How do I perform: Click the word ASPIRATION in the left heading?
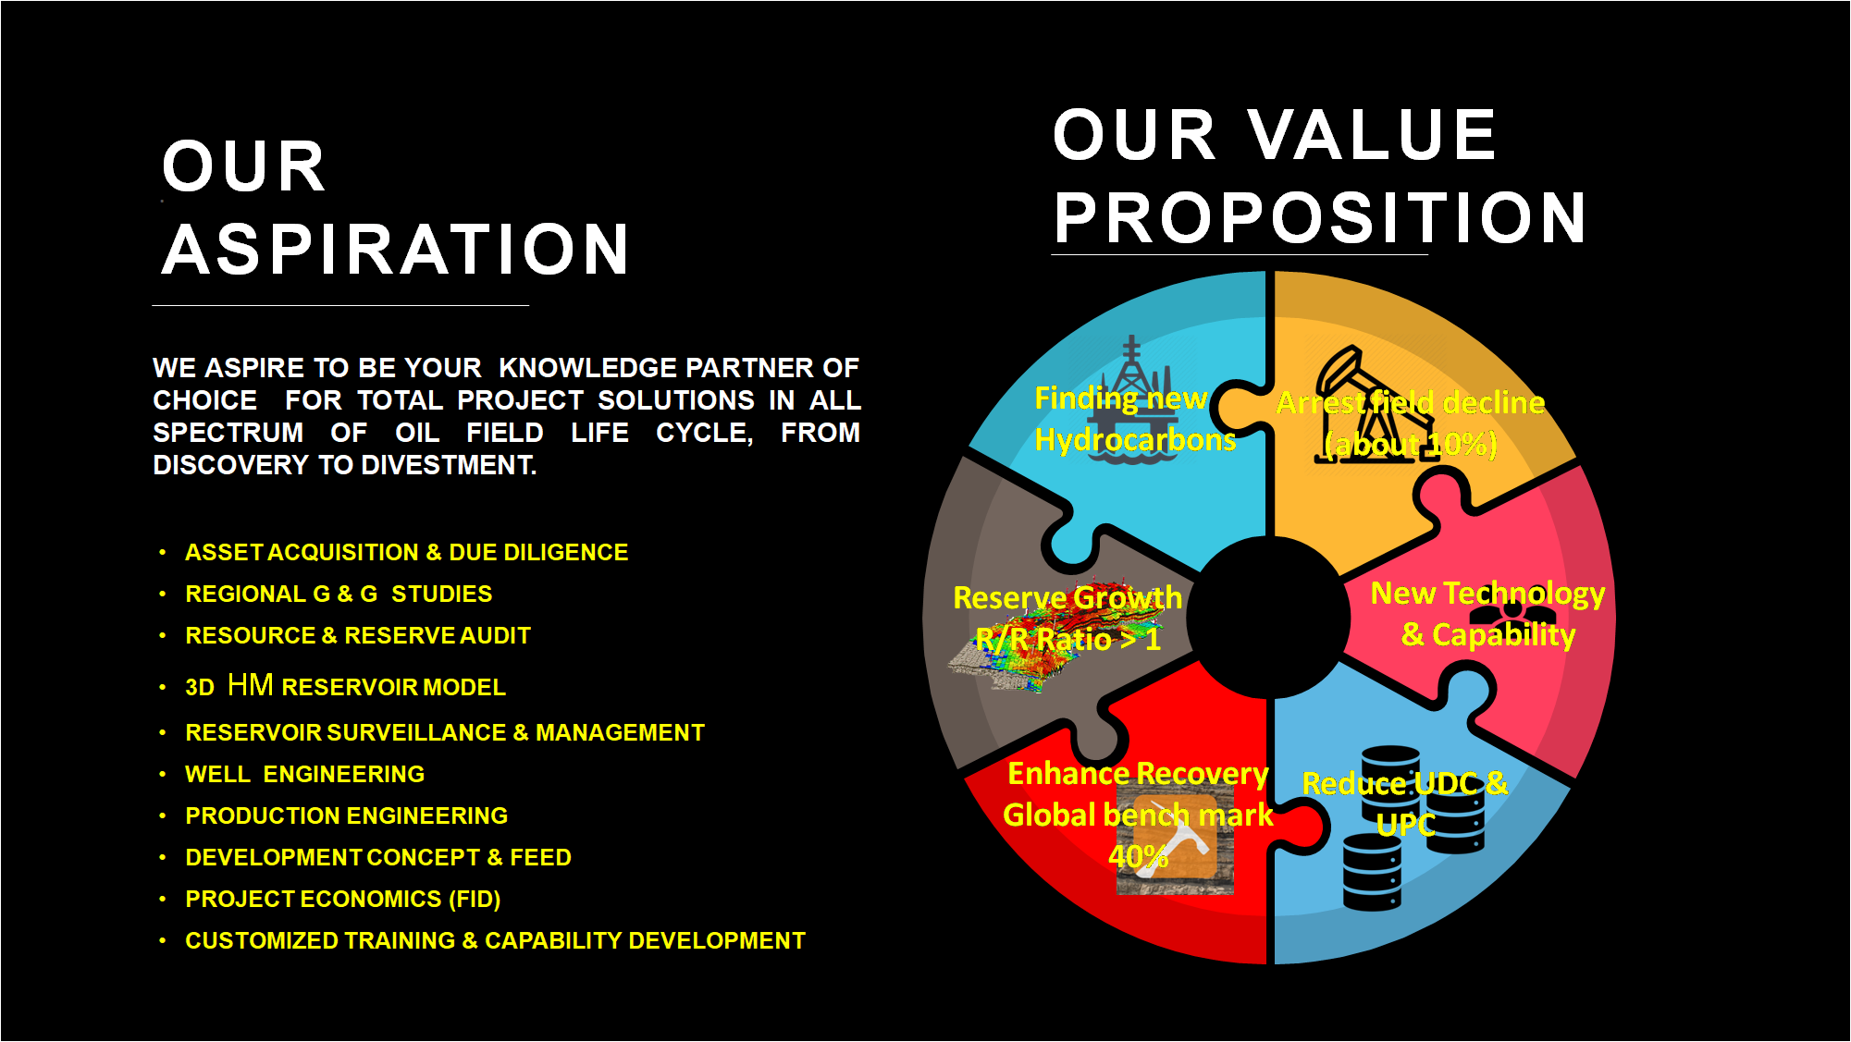click(x=396, y=250)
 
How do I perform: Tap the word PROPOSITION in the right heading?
click(x=1320, y=218)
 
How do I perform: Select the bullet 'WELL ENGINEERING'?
click(x=304, y=774)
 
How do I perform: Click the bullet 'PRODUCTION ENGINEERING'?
click(x=346, y=815)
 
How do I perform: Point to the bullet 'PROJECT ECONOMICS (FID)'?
click(x=342, y=899)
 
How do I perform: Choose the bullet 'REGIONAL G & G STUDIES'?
click(x=339, y=594)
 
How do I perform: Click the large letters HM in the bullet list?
click(x=250, y=685)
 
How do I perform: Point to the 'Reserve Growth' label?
click(x=1067, y=597)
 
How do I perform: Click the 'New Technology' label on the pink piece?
click(x=1487, y=593)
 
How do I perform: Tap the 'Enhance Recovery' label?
click(x=1138, y=773)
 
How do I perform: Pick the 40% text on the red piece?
click(x=1138, y=856)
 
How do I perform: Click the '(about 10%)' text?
click(x=1411, y=445)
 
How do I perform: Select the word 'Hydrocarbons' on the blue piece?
click(x=1135, y=440)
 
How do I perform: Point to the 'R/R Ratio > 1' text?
click(x=1067, y=639)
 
